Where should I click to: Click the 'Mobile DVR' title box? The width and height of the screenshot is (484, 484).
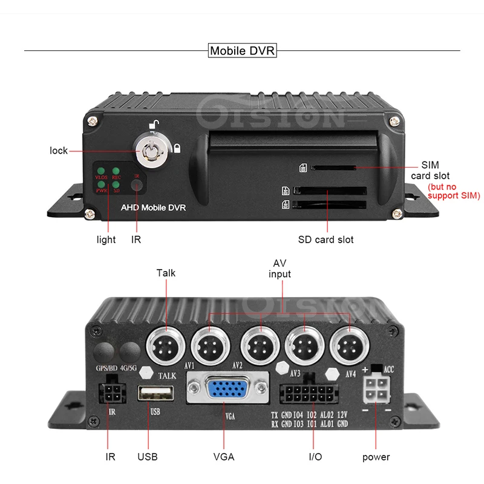tap(241, 50)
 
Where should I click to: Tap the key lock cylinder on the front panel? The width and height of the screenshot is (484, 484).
tap(149, 145)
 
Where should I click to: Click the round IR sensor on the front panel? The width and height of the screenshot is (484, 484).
tap(138, 185)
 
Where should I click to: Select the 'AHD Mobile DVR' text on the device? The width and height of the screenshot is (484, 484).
tap(153, 208)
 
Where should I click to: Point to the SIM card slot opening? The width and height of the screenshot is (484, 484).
tap(333, 167)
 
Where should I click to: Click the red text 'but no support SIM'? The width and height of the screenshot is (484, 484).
tap(453, 191)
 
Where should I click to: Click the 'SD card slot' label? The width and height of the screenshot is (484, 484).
tap(325, 240)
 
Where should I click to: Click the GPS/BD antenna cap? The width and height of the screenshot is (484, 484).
tap(105, 351)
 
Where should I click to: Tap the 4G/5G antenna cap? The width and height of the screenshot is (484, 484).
tap(129, 351)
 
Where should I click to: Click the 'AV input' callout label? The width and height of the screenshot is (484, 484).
tap(281, 269)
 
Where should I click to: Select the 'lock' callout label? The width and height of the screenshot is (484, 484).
tap(59, 150)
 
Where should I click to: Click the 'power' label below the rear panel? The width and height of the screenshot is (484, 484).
tap(376, 457)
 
